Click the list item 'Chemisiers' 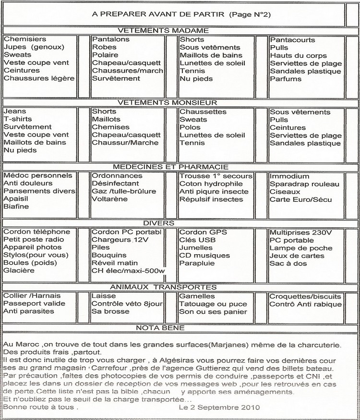click(x=25, y=39)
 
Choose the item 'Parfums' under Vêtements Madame click(x=286, y=79)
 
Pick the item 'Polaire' click(x=106, y=55)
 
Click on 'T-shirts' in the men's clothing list click(x=18, y=119)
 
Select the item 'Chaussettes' click(x=202, y=111)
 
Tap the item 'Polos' click(x=190, y=127)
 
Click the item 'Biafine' click(x=16, y=207)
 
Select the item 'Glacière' click(x=19, y=271)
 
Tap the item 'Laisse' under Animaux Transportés click(x=103, y=296)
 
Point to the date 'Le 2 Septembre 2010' click(x=219, y=408)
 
